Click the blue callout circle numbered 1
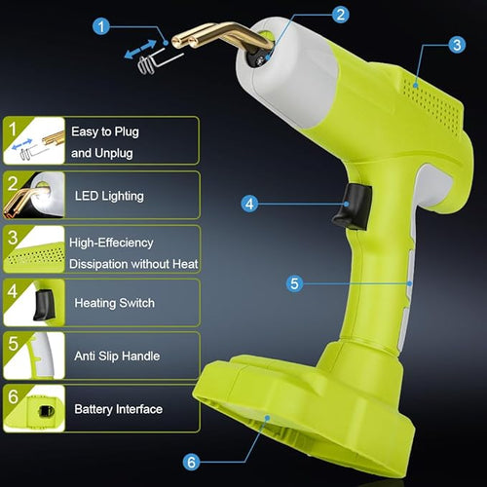(x=101, y=26)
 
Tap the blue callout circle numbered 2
(x=340, y=15)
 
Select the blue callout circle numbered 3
(x=457, y=45)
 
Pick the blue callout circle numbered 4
(x=249, y=204)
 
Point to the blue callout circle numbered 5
(x=294, y=283)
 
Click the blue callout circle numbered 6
(x=191, y=462)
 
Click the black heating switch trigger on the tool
(x=352, y=206)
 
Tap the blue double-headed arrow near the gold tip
(x=140, y=49)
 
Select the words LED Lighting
(x=109, y=196)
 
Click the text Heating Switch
(x=115, y=303)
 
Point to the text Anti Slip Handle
(x=117, y=356)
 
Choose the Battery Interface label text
(x=119, y=409)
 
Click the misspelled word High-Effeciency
(x=111, y=243)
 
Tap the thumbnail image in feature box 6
(x=34, y=408)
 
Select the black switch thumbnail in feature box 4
(x=34, y=303)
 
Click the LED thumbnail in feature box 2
(x=34, y=195)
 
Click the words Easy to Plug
(x=105, y=132)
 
